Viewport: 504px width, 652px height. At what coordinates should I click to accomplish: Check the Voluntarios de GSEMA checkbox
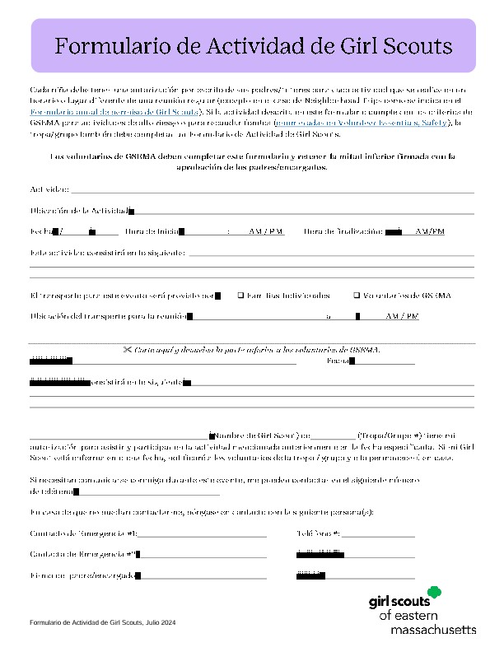(356, 295)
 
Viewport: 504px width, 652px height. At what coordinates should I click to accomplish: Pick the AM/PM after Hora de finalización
(430, 232)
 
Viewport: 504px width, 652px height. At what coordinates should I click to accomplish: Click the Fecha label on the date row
(40, 232)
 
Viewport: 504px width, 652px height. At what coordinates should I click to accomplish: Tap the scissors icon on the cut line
(128, 350)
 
